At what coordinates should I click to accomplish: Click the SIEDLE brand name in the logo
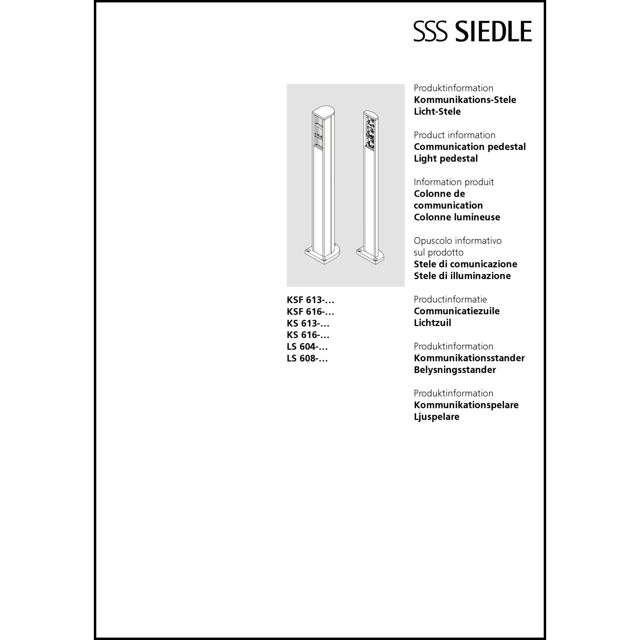pos(494,31)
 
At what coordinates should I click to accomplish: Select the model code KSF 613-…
pos(310,300)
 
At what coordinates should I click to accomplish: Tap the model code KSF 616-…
pos(310,312)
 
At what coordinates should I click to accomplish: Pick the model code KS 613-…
pos(308,323)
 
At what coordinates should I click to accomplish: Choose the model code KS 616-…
pos(308,335)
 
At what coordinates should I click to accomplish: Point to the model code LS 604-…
pos(307,347)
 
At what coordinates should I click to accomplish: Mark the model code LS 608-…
pos(307,359)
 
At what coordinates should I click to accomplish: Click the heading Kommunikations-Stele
pos(465,100)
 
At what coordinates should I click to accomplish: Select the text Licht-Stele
pos(437,112)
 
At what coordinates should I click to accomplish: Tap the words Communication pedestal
pos(469,147)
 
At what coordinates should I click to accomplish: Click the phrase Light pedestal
pos(445,159)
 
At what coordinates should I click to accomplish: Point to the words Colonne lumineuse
pos(457,217)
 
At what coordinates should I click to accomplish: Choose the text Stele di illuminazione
pos(462,276)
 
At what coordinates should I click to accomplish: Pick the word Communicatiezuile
pos(456,311)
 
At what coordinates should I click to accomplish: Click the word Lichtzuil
pos(432,323)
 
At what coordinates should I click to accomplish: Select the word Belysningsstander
pos(454,370)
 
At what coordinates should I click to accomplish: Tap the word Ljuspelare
pos(436,417)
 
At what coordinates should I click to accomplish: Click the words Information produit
pos(453,182)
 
